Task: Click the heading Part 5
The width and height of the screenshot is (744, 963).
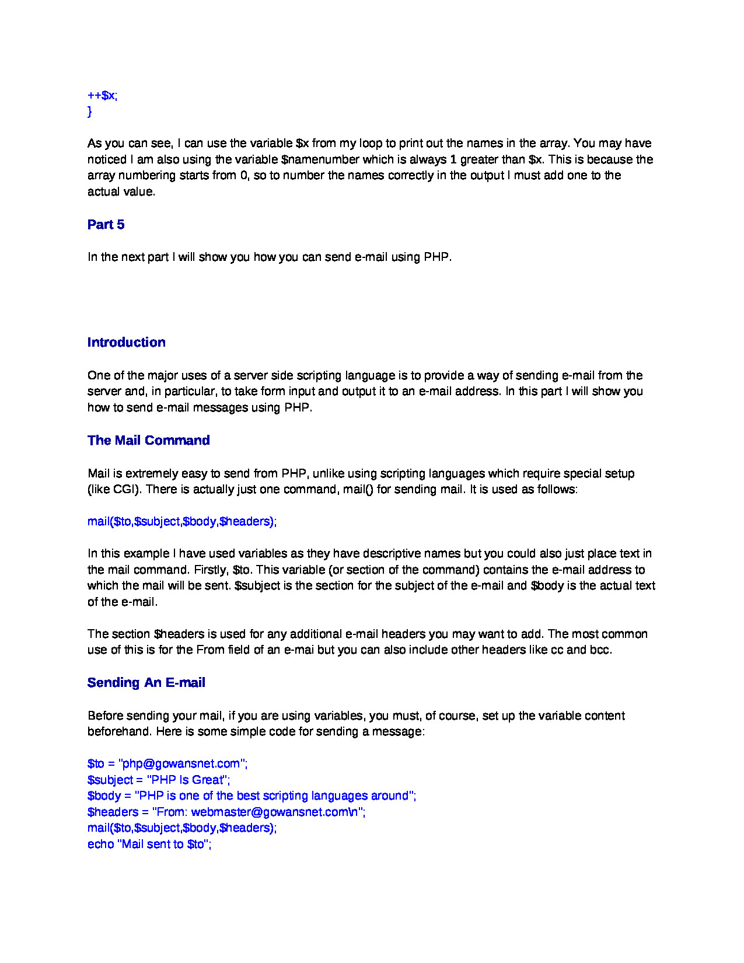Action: click(x=106, y=225)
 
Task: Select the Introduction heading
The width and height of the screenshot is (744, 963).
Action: click(x=126, y=342)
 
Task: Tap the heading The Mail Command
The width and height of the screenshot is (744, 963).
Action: click(x=148, y=440)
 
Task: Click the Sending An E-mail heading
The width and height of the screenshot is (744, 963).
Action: click(x=146, y=682)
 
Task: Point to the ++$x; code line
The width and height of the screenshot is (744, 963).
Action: click(x=102, y=95)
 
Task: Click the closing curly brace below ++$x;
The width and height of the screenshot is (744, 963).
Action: click(x=89, y=111)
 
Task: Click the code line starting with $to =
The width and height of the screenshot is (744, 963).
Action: click(x=167, y=763)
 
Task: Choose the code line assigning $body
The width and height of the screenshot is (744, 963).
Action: click(x=252, y=795)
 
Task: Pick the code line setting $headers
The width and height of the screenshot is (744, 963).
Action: click(x=226, y=812)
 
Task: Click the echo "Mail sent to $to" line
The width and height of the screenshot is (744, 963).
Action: click(x=149, y=844)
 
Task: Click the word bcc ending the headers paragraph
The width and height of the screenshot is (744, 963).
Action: click(x=599, y=650)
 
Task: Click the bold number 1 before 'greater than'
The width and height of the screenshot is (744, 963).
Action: click(x=453, y=159)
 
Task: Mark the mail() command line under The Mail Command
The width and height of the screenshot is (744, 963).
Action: click(x=181, y=521)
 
